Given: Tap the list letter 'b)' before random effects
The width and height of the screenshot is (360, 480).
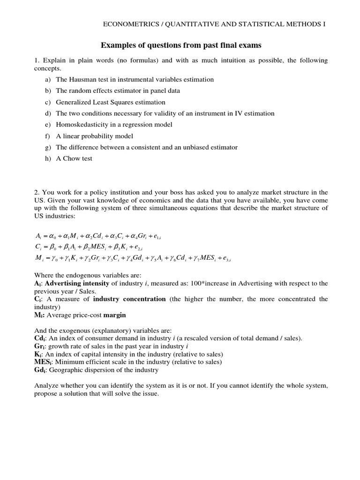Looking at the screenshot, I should [48, 90].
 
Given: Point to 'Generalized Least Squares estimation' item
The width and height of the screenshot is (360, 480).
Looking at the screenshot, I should [111, 102].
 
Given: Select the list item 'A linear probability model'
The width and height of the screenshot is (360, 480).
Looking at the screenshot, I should [95, 136].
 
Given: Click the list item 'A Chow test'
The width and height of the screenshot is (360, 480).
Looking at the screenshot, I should [74, 158].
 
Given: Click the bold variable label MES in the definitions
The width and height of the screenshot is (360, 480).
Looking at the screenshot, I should [42, 362].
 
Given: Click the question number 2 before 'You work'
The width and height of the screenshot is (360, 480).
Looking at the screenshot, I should [36, 193].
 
